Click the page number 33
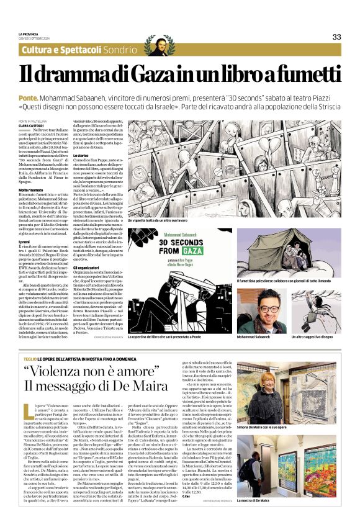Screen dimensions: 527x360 click(x=336, y=37)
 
